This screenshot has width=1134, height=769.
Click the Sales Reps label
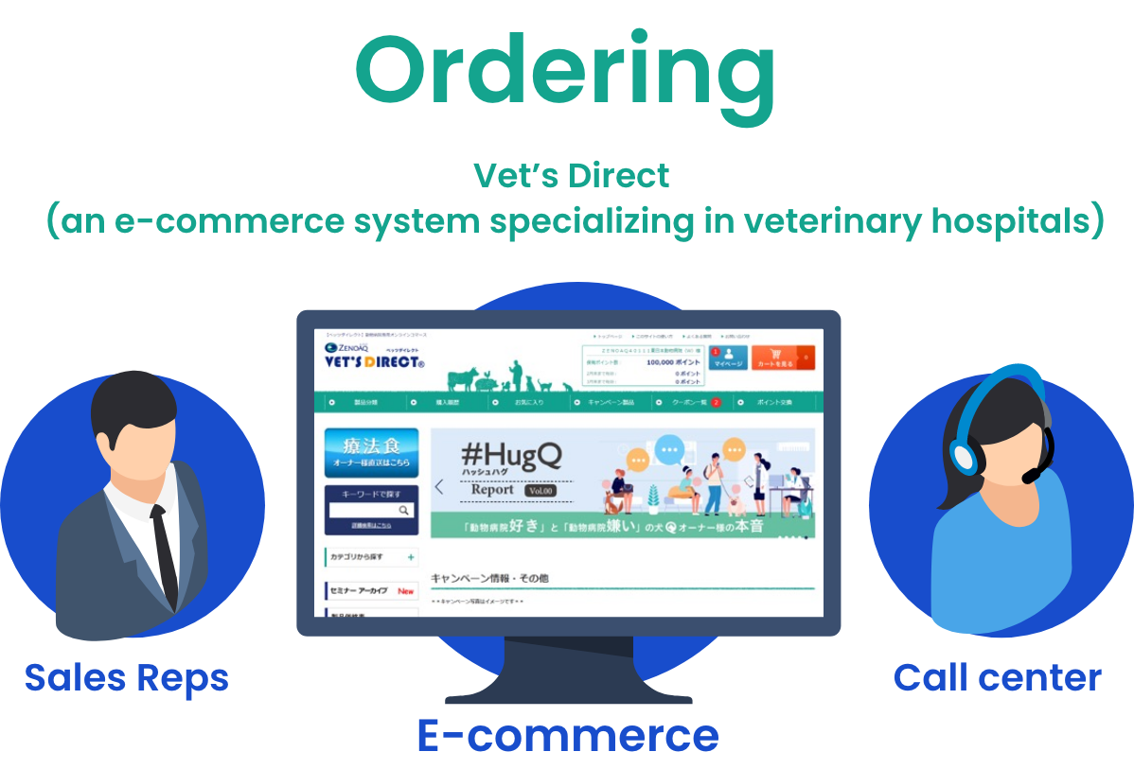(x=127, y=677)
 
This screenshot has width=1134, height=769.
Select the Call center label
(x=997, y=677)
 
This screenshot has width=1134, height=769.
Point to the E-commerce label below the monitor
(x=567, y=735)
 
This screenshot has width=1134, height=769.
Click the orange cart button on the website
(x=782, y=358)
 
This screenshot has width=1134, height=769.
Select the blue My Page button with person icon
(x=728, y=358)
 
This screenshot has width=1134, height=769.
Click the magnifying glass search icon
(x=404, y=510)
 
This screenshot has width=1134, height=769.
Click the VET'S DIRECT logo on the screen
(x=374, y=361)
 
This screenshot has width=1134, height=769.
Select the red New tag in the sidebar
(x=405, y=590)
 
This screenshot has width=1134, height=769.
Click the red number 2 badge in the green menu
(x=716, y=402)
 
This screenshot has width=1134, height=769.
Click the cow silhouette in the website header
(x=464, y=380)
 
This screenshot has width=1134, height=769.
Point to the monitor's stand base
(x=568, y=689)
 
